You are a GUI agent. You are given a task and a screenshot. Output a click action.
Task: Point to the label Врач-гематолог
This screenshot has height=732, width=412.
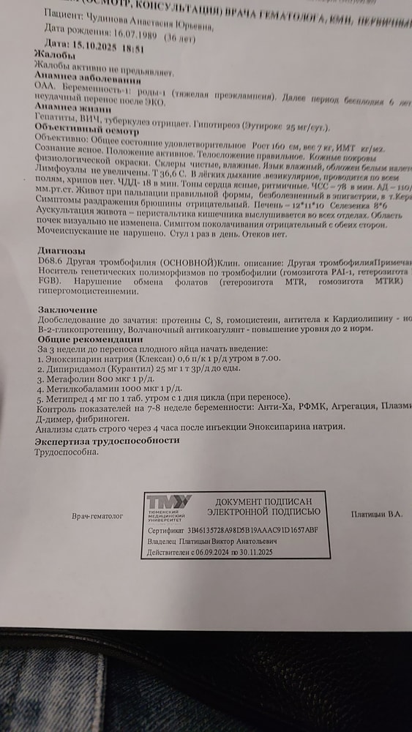(x=98, y=515)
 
